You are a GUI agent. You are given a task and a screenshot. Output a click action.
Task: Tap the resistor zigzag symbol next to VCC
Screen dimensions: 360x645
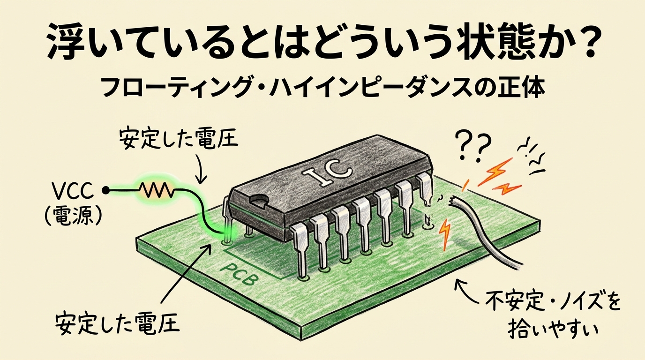[x=156, y=190]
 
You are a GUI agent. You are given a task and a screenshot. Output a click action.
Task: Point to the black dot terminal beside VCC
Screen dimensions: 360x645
[x=106, y=190]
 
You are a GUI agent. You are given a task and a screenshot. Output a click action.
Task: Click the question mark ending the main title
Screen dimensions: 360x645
[x=583, y=45]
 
